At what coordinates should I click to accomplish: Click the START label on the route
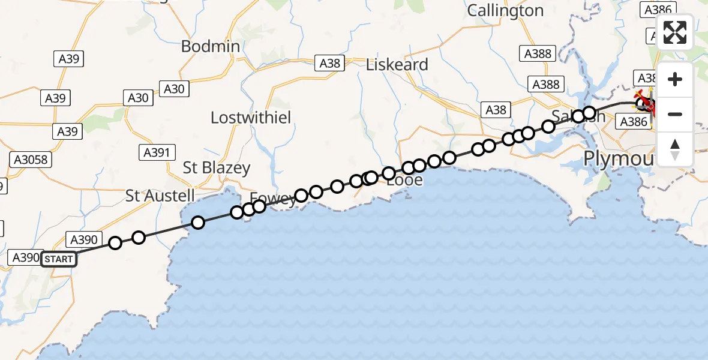(59, 259)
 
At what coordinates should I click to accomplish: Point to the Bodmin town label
(210, 46)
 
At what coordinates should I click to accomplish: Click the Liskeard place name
(397, 65)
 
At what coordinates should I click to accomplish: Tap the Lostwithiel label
(251, 118)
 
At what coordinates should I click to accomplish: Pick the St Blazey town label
(217, 168)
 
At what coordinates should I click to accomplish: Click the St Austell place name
(160, 196)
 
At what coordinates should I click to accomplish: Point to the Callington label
(505, 10)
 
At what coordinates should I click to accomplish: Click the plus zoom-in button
(676, 79)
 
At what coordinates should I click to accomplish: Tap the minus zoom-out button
(676, 114)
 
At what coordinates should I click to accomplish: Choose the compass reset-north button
(676, 149)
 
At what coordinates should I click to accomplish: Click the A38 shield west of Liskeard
(330, 63)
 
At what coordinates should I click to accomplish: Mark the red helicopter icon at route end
(646, 102)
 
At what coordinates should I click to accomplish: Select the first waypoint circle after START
(115, 243)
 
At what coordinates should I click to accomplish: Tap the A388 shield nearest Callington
(537, 53)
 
